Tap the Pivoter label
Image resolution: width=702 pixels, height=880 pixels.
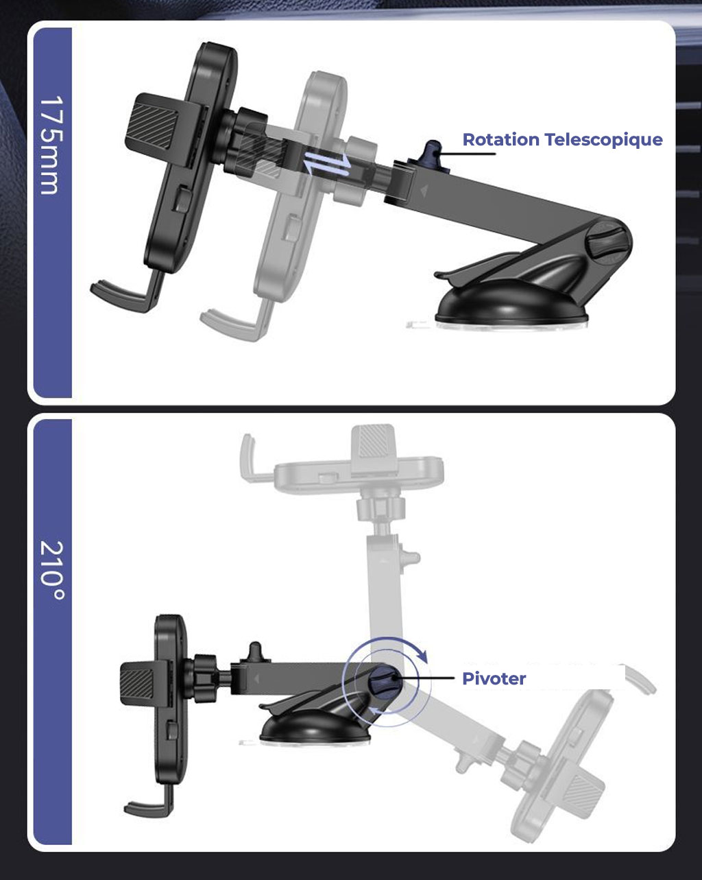[494, 679]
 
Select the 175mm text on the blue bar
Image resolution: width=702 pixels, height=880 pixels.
[52, 145]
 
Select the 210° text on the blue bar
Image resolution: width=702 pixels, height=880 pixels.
[52, 571]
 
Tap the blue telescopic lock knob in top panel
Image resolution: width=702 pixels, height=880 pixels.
[433, 152]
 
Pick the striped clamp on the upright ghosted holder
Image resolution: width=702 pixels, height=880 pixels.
[373, 442]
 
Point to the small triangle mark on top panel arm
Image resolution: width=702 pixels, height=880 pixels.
[424, 190]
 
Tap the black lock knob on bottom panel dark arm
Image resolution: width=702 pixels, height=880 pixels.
[256, 652]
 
